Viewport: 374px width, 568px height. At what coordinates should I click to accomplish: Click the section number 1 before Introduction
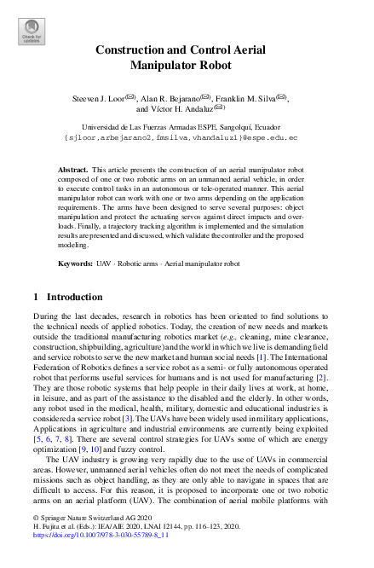pyautogui.click(x=35, y=298)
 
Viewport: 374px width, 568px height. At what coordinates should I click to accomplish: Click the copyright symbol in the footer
pyautogui.click(x=36, y=541)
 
